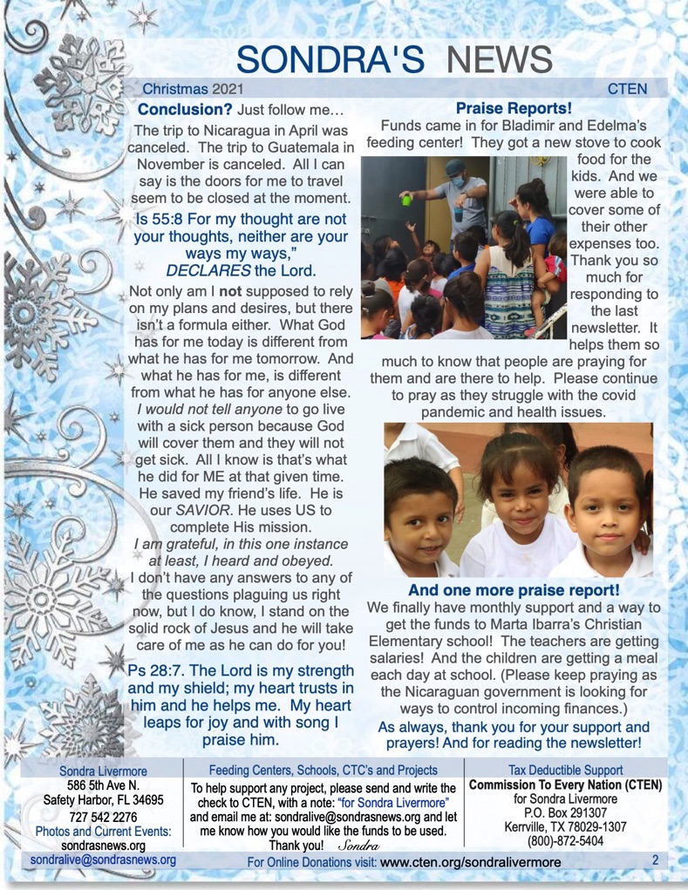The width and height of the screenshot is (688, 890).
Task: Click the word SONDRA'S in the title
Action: pyautogui.click(x=330, y=58)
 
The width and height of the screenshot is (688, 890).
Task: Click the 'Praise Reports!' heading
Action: pyautogui.click(x=514, y=110)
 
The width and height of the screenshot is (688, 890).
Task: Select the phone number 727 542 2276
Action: pyautogui.click(x=103, y=817)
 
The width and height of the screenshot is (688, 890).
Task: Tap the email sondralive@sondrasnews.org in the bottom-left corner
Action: pyautogui.click(x=103, y=860)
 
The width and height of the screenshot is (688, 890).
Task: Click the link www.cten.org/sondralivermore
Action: pyautogui.click(x=470, y=862)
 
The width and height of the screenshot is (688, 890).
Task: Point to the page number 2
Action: pyautogui.click(x=654, y=860)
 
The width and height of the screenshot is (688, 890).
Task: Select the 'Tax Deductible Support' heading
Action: pyautogui.click(x=565, y=770)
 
